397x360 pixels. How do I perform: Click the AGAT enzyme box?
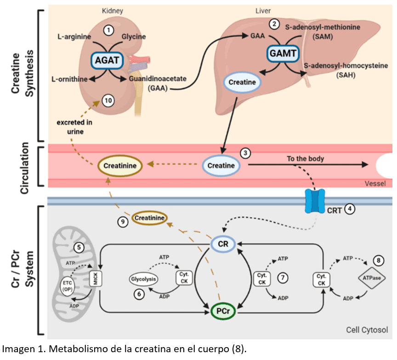(107, 59)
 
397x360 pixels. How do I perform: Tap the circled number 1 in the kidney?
(108, 30)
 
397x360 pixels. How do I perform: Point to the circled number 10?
(108, 100)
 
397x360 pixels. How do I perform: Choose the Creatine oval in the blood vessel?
(221, 165)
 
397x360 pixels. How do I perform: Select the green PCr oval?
(223, 311)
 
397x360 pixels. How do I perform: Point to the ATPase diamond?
(371, 278)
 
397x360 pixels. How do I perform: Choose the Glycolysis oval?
(143, 279)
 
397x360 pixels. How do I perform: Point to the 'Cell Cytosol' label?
(368, 330)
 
